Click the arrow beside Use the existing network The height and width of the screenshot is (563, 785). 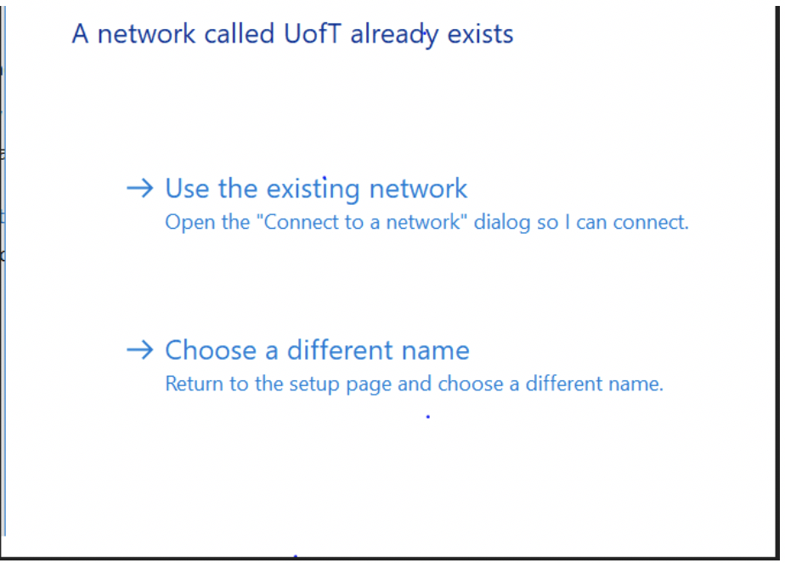(x=139, y=188)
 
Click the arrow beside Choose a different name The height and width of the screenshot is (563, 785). (x=139, y=350)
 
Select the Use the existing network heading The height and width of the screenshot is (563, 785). (x=316, y=188)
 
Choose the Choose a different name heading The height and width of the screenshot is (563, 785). (x=317, y=350)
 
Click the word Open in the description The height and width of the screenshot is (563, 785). (x=184, y=223)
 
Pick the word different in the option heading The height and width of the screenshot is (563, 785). (x=348, y=350)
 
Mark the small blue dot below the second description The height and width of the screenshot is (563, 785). (x=427, y=417)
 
